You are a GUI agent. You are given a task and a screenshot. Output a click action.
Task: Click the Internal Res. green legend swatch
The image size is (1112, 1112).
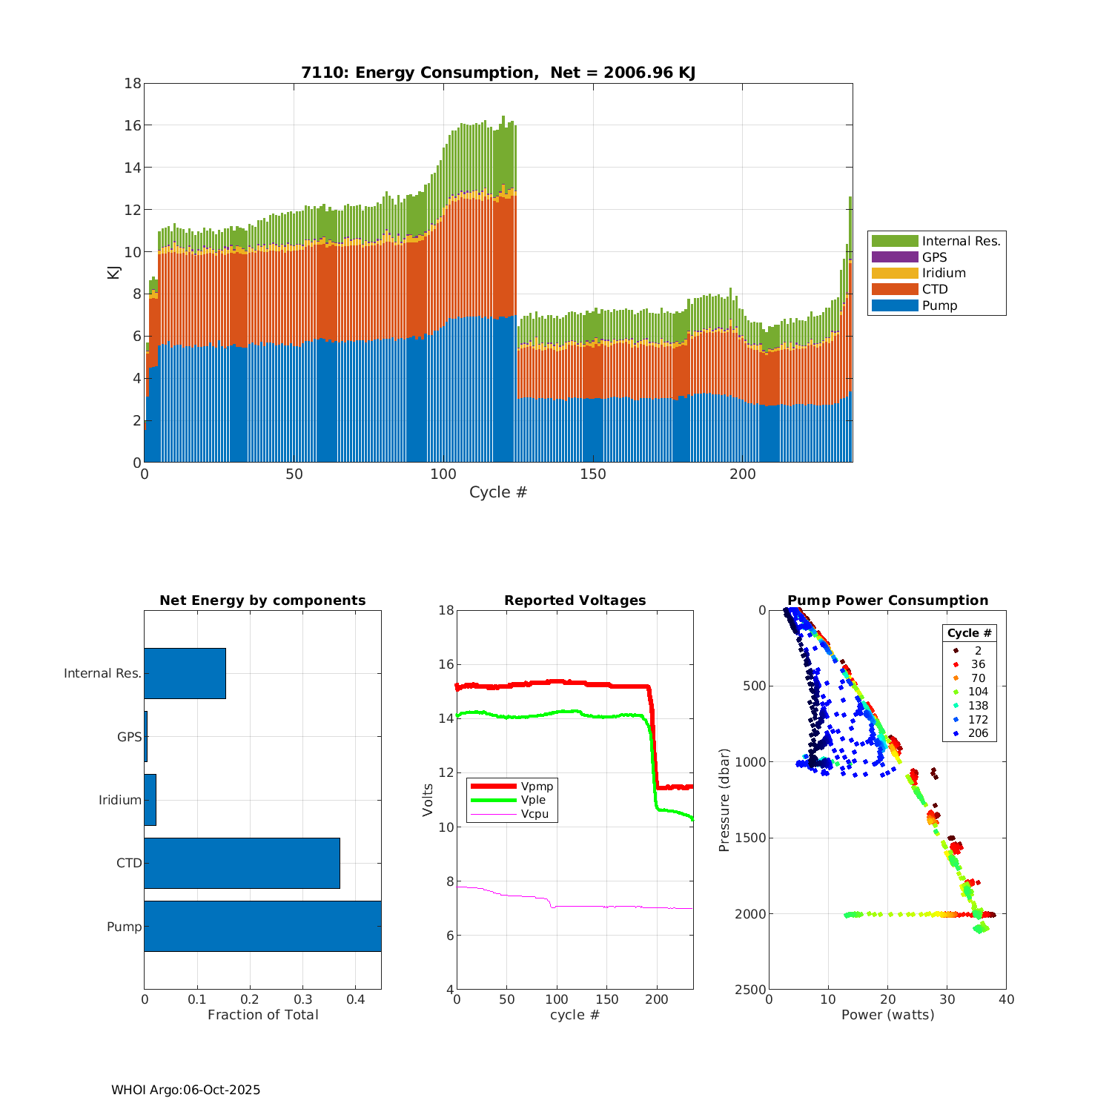895,241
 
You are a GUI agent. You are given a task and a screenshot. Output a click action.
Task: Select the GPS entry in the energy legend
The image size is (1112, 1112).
934,257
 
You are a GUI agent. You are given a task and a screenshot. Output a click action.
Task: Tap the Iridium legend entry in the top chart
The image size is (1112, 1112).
943,273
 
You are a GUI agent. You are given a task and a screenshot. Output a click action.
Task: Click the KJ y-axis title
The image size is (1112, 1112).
113,272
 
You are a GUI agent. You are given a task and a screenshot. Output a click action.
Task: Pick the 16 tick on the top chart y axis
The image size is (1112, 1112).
133,125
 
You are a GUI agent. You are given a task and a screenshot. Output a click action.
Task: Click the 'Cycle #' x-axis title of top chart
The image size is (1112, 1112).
497,492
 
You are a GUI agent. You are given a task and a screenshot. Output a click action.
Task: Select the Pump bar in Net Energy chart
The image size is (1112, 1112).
262,926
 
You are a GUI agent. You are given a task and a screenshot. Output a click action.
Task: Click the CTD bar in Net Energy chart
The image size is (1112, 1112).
242,863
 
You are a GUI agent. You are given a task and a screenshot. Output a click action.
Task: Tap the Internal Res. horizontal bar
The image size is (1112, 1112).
185,673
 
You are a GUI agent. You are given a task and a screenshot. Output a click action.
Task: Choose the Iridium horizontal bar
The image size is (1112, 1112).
150,800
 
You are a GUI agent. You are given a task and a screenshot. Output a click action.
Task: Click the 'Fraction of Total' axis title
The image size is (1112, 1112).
262,1015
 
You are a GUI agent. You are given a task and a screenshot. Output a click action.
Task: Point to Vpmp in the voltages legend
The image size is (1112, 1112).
537,787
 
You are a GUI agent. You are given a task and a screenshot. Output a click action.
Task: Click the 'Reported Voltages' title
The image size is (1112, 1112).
575,600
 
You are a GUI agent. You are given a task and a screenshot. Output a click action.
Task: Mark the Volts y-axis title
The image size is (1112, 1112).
428,800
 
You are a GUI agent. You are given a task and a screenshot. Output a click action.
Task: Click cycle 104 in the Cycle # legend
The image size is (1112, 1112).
978,692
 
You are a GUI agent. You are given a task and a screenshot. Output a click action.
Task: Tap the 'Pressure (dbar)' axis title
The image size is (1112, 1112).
724,800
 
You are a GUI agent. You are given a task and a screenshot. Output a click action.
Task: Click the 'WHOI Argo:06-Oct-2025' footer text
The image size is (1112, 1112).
185,1090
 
